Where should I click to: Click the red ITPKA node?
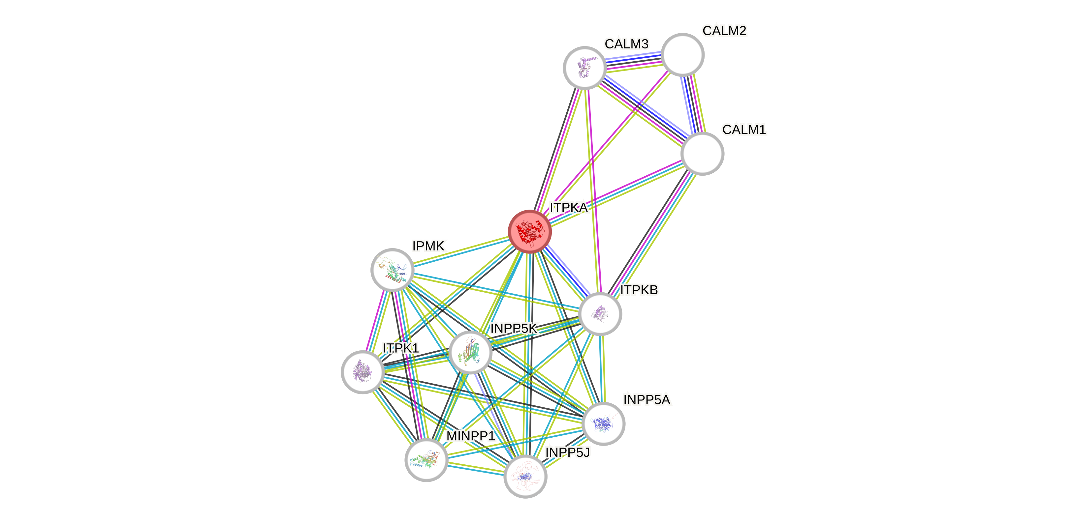(x=529, y=231)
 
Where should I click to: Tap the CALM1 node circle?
(x=702, y=154)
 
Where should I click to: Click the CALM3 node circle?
(x=584, y=68)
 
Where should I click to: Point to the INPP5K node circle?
(x=471, y=352)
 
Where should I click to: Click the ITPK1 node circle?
(x=363, y=372)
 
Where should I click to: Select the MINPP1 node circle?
(x=426, y=460)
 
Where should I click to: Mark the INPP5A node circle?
(x=603, y=424)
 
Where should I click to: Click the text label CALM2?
(x=724, y=31)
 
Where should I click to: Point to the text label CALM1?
(x=744, y=130)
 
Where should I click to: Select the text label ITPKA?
(x=569, y=208)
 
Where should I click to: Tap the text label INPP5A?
(x=647, y=400)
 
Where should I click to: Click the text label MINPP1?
(x=471, y=436)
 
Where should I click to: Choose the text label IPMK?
(x=428, y=246)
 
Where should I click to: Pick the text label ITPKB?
(x=639, y=290)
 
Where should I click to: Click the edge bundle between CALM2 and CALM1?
(x=692, y=104)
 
